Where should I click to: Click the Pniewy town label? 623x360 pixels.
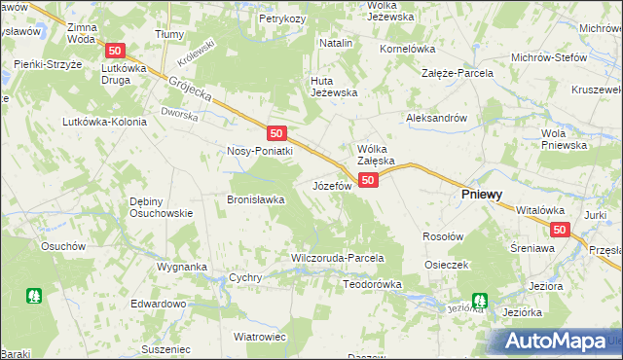481,195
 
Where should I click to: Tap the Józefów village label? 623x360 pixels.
331,185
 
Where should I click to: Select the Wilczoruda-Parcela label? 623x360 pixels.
338,259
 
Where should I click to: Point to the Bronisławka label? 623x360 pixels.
255,199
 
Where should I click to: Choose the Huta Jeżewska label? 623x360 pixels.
334,87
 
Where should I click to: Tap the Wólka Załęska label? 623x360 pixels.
375,155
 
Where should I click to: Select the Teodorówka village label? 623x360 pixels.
373,284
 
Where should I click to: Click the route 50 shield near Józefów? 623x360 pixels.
368,180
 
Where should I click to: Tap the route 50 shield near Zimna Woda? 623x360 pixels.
115,51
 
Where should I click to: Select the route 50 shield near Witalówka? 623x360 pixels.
559,230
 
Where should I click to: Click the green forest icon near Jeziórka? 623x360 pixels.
479,302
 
